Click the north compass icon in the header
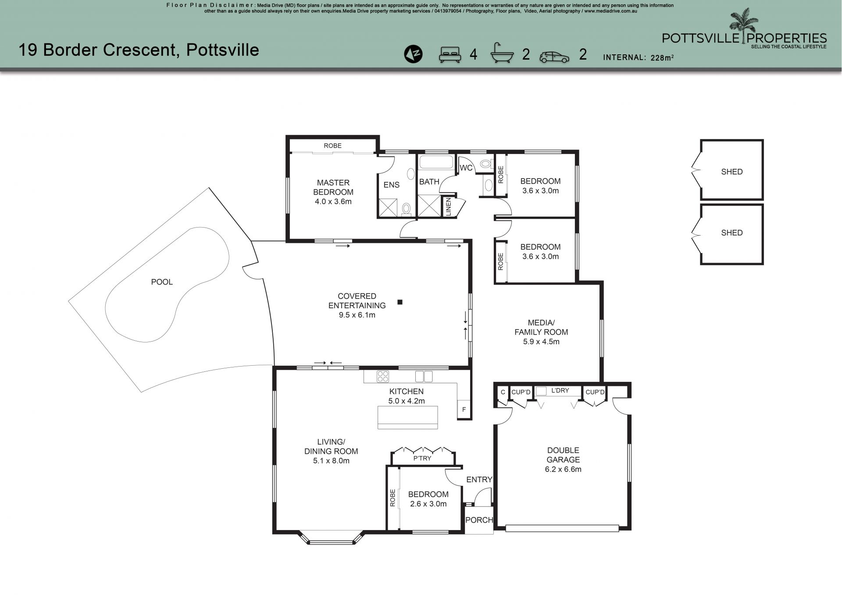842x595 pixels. (x=413, y=54)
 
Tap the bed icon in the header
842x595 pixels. (x=450, y=54)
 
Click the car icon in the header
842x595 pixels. (x=554, y=57)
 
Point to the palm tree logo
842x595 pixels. (x=743, y=26)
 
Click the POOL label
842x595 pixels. (x=162, y=282)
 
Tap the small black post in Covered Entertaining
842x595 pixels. (x=400, y=302)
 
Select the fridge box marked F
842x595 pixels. (x=464, y=410)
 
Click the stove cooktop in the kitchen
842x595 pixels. (x=383, y=377)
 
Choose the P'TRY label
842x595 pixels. (x=422, y=458)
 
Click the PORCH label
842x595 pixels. (x=479, y=520)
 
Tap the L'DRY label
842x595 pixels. (x=560, y=390)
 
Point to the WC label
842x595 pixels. (x=466, y=168)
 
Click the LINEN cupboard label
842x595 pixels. (x=448, y=207)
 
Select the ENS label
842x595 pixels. (x=391, y=185)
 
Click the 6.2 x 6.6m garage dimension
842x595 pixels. (x=563, y=469)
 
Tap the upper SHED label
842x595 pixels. (x=732, y=172)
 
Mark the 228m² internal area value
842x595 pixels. (x=662, y=57)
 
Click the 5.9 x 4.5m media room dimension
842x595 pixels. (x=541, y=342)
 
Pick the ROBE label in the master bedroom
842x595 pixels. (x=332, y=146)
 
